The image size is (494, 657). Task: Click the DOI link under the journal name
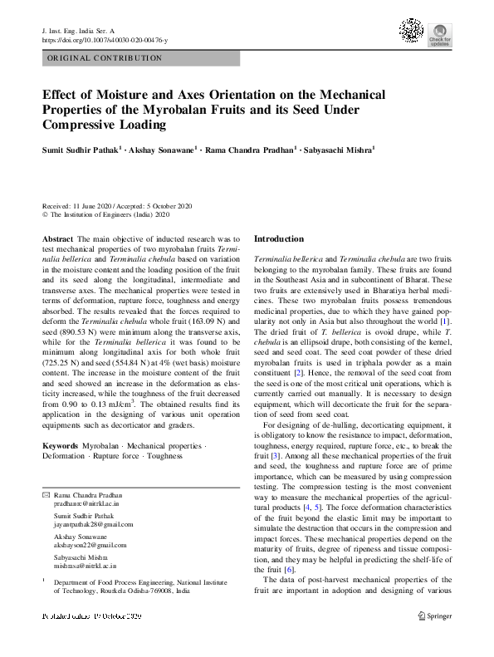point(105,40)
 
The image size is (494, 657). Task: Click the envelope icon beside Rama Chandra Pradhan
point(46,494)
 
